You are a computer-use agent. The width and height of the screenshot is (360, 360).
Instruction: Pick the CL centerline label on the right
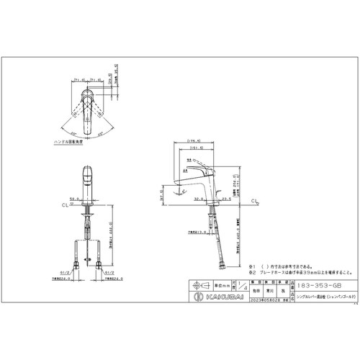tap(256, 204)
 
